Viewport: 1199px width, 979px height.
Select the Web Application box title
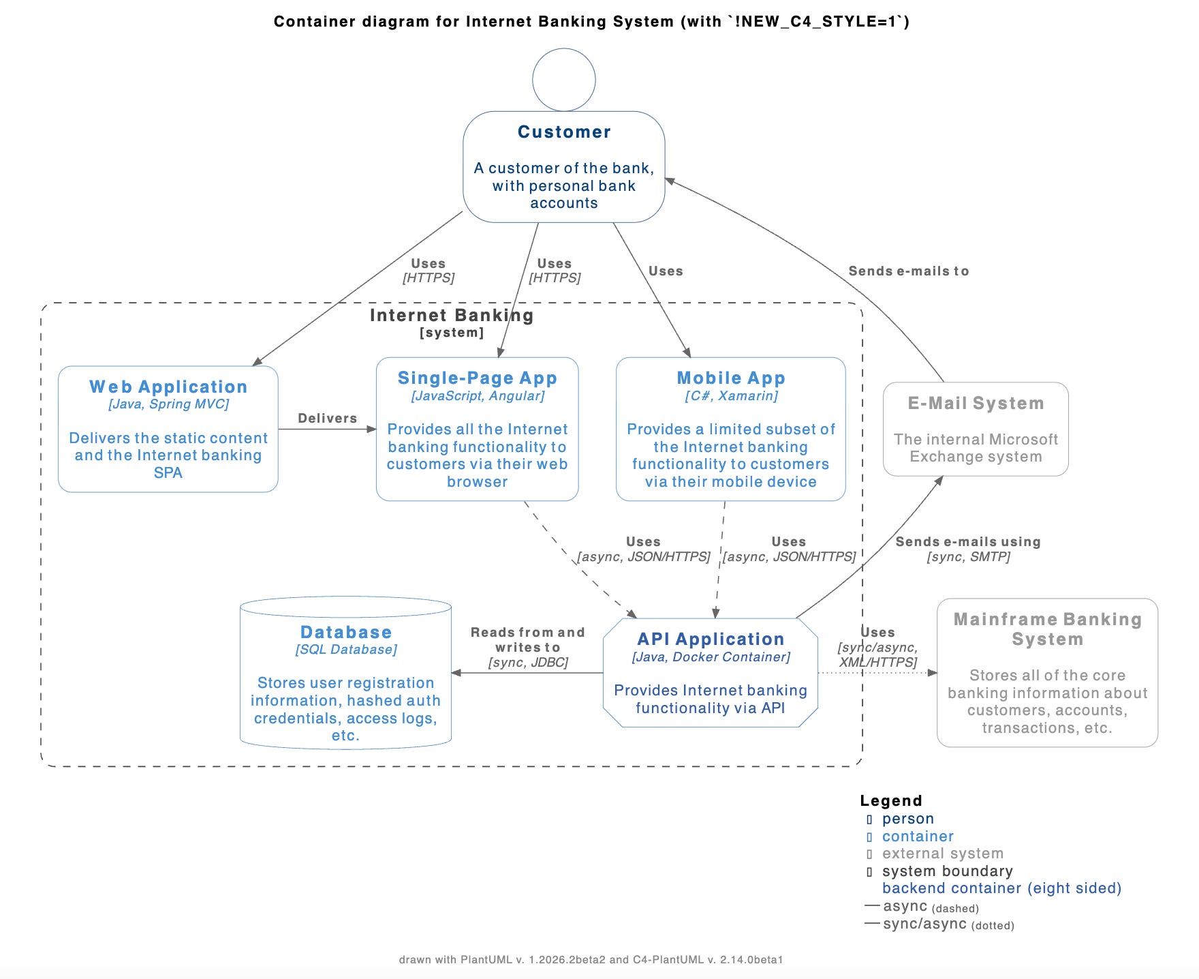pos(168,387)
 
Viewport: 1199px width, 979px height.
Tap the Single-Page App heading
pos(478,378)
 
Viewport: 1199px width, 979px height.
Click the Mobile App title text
pos(731,378)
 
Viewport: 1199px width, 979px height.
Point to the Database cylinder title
pos(346,632)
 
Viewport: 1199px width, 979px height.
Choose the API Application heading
pos(711,639)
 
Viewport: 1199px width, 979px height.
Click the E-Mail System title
pos(976,403)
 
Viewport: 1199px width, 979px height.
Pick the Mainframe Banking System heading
pos(1048,629)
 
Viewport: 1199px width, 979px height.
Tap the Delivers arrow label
pos(328,418)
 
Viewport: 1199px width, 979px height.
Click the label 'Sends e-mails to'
pos(909,271)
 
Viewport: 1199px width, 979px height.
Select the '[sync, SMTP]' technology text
pos(968,557)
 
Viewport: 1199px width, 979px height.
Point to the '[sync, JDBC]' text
pos(528,662)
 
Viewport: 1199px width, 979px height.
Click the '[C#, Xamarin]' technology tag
pos(731,396)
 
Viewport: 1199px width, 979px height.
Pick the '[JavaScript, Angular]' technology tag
pos(478,396)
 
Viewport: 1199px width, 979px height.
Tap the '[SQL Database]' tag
pos(346,650)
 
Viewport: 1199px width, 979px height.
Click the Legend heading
pos(891,801)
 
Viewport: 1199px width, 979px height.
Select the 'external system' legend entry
pos(943,854)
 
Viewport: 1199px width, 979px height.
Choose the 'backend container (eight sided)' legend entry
pos(1002,888)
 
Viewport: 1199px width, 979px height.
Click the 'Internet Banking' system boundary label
pos(452,315)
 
